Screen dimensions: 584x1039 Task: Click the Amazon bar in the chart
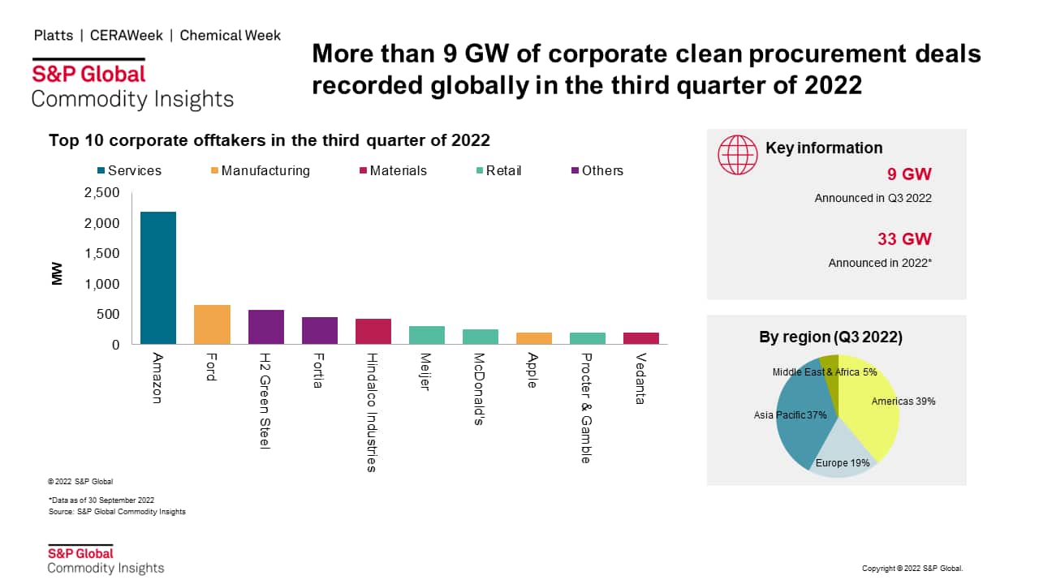coord(158,277)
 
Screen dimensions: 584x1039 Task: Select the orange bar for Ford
coord(212,324)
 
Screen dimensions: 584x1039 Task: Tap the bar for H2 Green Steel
coord(265,327)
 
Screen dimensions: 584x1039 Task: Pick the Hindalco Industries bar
coord(373,331)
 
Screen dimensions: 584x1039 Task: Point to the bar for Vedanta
coord(640,338)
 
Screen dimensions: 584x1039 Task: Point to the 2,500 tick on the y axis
coord(101,192)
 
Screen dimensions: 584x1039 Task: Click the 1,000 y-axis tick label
coord(101,284)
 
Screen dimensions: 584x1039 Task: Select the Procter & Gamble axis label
coord(586,408)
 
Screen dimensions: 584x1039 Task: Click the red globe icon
coord(737,154)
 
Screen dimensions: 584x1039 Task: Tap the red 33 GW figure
coord(904,239)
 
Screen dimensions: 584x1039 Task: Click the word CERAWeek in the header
coord(127,36)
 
